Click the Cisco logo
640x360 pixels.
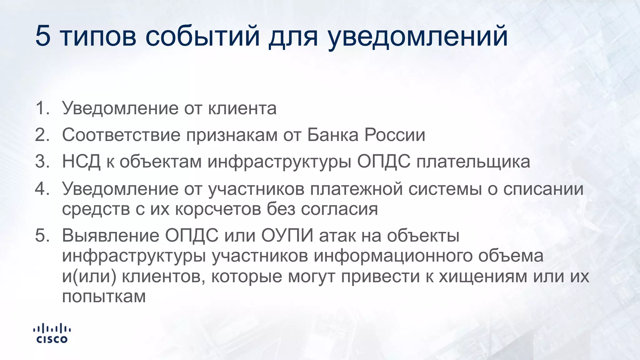(52, 334)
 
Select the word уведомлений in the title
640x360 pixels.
(418, 37)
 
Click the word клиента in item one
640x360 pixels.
(242, 108)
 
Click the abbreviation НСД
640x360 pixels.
(81, 162)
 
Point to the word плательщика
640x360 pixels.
(473, 162)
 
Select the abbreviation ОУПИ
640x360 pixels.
(287, 235)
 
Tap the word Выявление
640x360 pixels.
(111, 235)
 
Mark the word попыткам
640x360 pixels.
(104, 296)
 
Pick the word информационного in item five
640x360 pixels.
(393, 256)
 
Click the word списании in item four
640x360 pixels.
(543, 189)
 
